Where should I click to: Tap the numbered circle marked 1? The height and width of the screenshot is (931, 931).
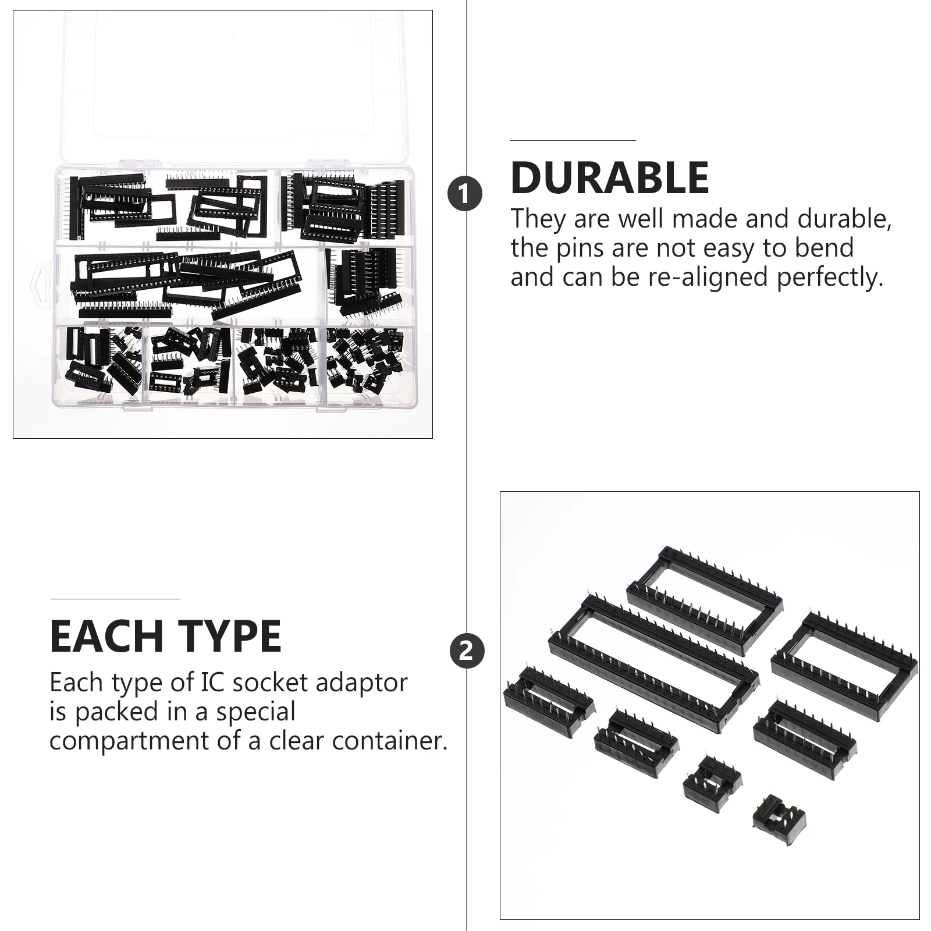coord(465,194)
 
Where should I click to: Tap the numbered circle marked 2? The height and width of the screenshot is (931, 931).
coord(466,650)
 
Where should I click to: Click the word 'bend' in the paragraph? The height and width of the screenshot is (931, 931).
coord(827,248)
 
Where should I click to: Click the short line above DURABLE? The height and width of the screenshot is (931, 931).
coord(573,140)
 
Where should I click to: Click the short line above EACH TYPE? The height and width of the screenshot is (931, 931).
coord(115,599)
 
